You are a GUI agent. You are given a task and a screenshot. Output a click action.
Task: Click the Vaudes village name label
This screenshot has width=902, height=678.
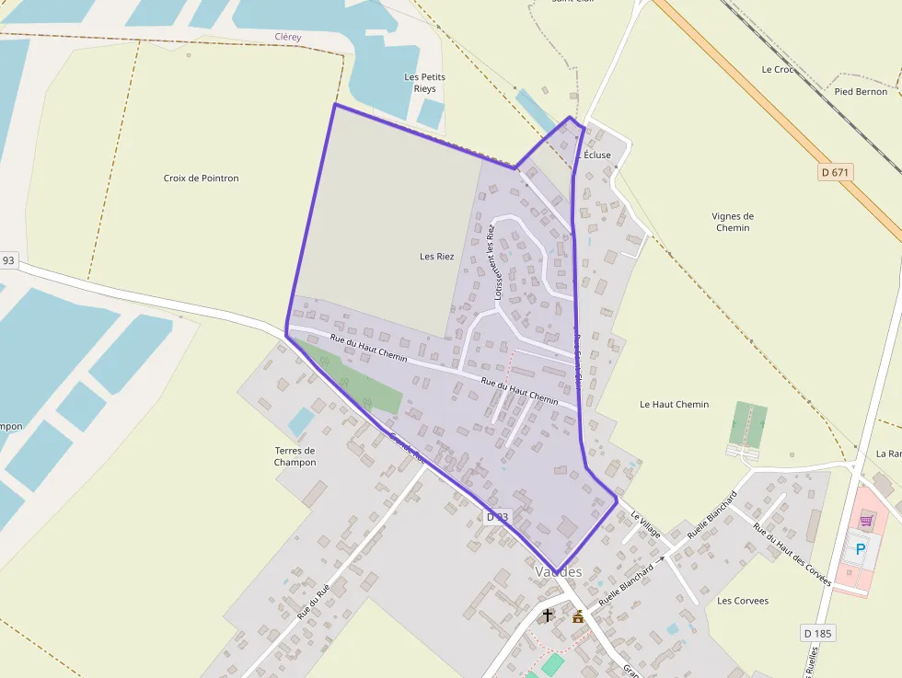click(559, 572)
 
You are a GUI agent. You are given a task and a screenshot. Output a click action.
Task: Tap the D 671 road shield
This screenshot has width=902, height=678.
click(836, 172)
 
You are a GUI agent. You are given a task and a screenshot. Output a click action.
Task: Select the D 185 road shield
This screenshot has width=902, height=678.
click(817, 633)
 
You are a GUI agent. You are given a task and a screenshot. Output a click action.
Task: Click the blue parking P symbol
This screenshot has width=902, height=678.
click(861, 549)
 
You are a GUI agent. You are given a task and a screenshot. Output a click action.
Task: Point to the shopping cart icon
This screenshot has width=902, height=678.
click(866, 521)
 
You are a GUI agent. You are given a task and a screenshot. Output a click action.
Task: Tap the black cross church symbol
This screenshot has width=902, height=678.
click(548, 615)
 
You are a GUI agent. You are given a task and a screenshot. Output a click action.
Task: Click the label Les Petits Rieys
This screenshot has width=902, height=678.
click(424, 83)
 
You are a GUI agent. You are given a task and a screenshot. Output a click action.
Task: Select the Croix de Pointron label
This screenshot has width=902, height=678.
click(201, 178)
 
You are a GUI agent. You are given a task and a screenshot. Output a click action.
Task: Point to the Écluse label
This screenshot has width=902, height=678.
click(596, 155)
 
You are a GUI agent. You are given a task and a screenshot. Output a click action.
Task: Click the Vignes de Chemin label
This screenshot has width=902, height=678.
click(733, 222)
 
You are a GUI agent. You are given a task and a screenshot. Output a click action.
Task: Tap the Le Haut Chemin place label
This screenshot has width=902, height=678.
click(674, 405)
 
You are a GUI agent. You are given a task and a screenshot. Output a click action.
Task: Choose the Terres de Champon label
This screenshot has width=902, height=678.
click(295, 456)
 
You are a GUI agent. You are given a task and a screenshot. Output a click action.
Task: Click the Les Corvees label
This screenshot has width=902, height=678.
click(742, 601)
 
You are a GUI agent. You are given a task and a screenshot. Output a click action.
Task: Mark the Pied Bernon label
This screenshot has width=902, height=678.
click(861, 92)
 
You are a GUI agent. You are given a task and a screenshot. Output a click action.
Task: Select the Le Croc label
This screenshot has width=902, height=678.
click(777, 70)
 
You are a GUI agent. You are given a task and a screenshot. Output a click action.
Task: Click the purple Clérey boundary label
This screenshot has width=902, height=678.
click(288, 37)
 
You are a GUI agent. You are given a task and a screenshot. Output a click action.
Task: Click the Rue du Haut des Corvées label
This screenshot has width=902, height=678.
click(792, 555)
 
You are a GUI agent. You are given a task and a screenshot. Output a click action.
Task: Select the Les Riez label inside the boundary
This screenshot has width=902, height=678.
click(437, 257)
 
